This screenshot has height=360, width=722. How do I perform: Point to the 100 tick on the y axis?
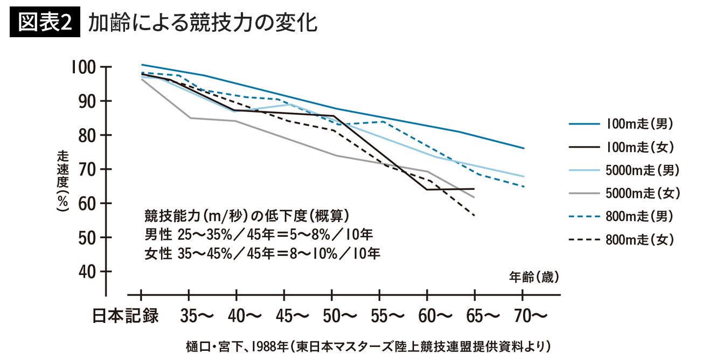(x=82, y=67)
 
